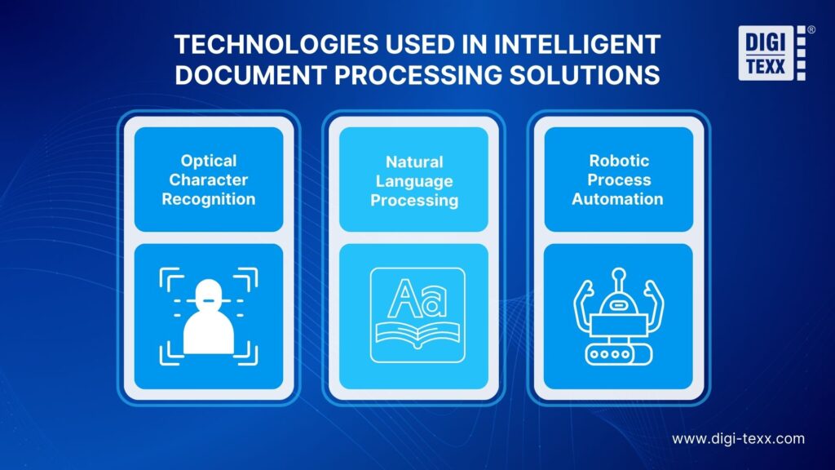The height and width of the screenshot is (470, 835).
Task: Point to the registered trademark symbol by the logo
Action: click(x=810, y=29)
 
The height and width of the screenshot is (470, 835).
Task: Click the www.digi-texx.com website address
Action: click(x=738, y=438)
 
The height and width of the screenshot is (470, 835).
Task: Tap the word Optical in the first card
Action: click(x=209, y=161)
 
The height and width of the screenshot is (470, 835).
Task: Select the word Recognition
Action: click(x=209, y=198)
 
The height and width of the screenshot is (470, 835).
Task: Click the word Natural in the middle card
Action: click(x=414, y=162)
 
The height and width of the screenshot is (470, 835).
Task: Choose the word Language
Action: click(x=414, y=180)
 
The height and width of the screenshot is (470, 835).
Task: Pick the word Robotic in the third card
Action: click(x=617, y=161)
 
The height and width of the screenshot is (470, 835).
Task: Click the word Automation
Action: click(x=617, y=198)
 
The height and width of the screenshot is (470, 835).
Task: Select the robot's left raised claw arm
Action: click(x=584, y=303)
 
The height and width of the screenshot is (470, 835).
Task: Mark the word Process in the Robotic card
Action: click(x=619, y=180)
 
